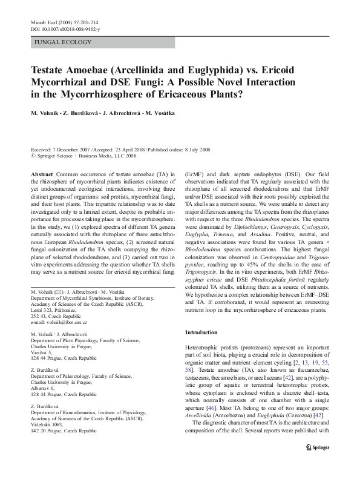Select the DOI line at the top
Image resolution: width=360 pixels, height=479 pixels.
pos(65,28)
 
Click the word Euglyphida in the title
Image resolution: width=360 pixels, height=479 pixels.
pos(204,70)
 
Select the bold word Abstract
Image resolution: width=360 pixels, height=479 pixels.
pos(41,173)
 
